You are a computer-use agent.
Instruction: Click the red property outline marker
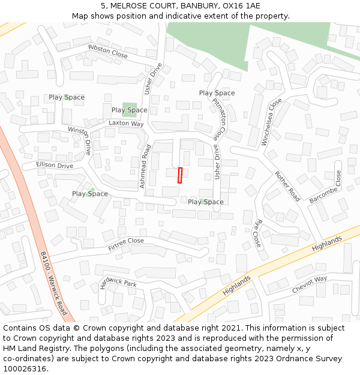pyautogui.click(x=180, y=175)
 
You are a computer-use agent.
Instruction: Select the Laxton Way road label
pyautogui.click(x=126, y=124)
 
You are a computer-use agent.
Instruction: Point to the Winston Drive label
pyautogui.click(x=80, y=140)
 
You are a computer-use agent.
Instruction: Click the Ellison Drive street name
pyautogui.click(x=55, y=166)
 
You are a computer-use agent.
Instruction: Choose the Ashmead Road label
pyautogui.click(x=145, y=167)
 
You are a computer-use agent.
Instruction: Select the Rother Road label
pyautogui.click(x=287, y=186)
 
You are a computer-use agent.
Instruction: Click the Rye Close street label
pyautogui.click(x=257, y=233)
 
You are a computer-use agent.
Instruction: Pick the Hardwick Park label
pyautogui.click(x=118, y=284)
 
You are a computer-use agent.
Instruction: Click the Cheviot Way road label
pyautogui.click(x=310, y=284)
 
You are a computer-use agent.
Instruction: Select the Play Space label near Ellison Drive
pyautogui.click(x=90, y=194)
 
